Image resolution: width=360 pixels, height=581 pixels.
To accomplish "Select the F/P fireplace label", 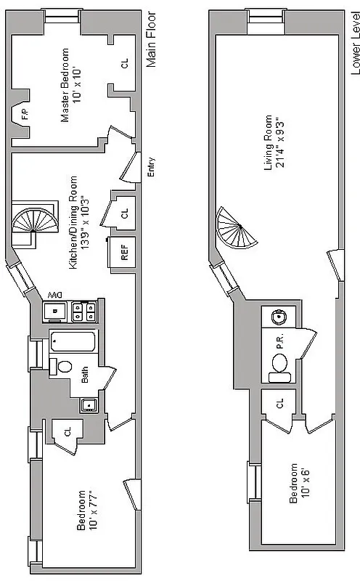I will [24, 114].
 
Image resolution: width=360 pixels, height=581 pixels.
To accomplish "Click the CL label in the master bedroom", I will [123, 65].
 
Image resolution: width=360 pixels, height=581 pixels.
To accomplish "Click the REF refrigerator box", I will [123, 253].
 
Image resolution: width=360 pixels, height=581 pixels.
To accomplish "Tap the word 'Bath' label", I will [85, 374].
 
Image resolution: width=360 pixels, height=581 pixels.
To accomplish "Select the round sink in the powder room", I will [278, 317].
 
